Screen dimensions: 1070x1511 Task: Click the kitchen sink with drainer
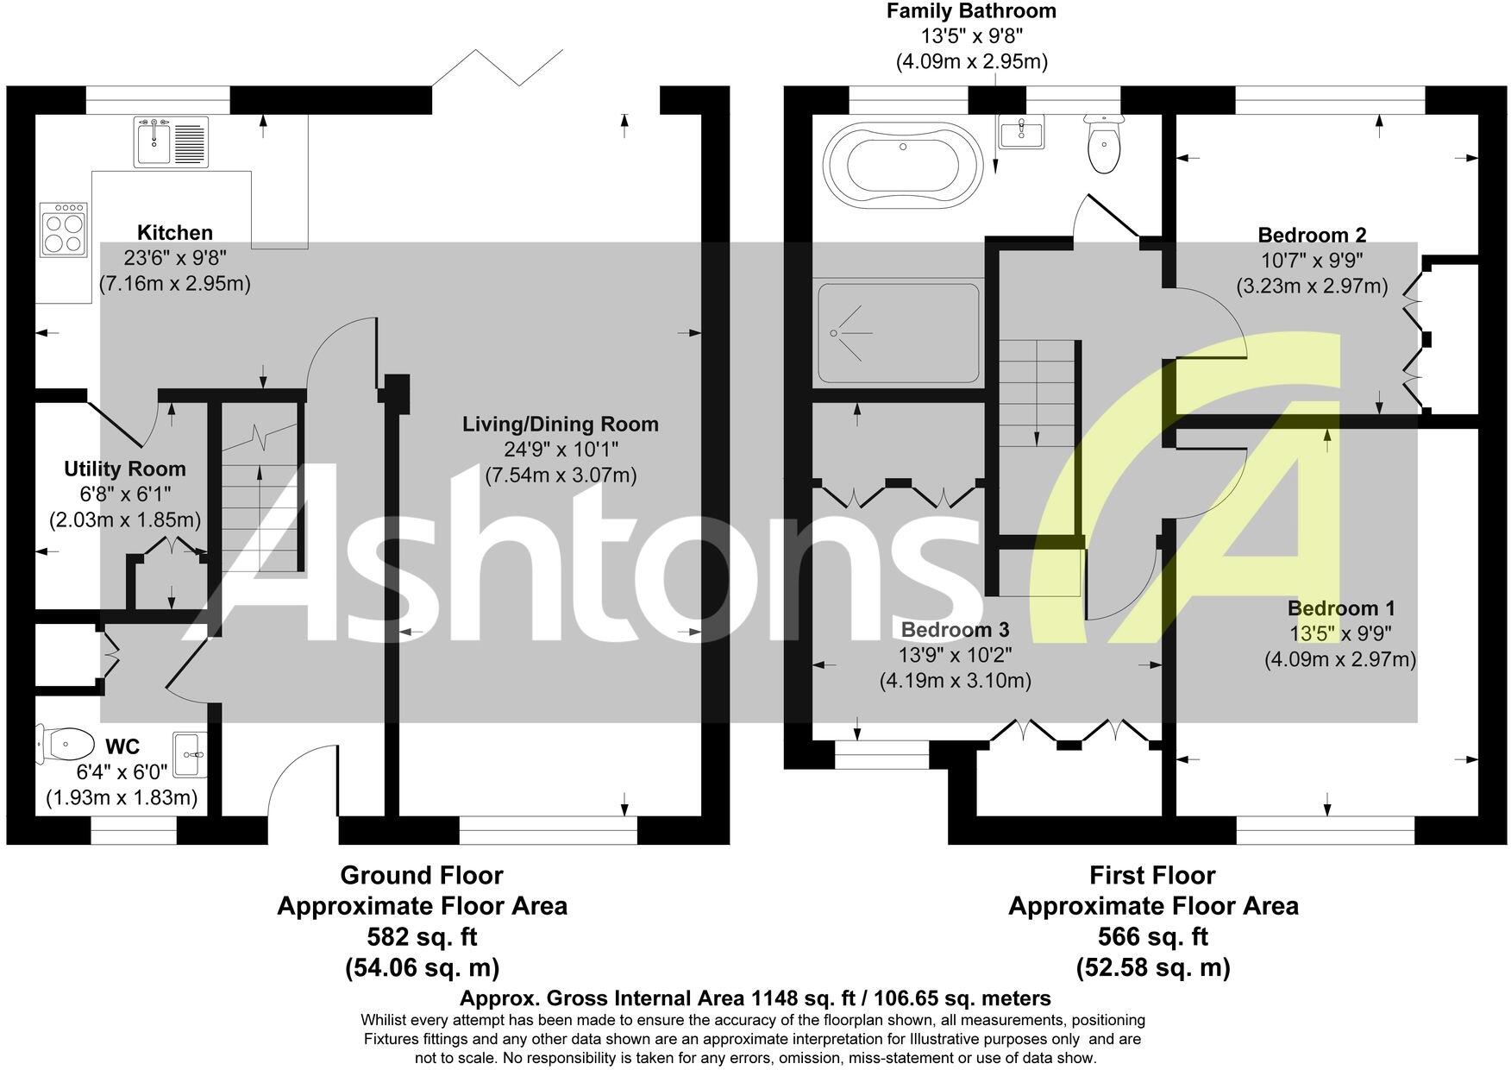pyautogui.click(x=172, y=142)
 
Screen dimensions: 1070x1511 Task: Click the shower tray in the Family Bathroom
pyautogui.click(x=898, y=332)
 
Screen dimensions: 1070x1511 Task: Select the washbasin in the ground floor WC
pyautogui.click(x=190, y=754)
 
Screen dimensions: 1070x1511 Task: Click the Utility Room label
pyautogui.click(x=125, y=469)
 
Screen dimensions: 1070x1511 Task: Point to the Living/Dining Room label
pyautogui.click(x=560, y=425)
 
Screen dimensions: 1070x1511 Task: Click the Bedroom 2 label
pyautogui.click(x=1311, y=235)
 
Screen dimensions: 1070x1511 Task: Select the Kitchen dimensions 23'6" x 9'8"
pyautogui.click(x=175, y=258)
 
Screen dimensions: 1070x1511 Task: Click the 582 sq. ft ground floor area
pyautogui.click(x=422, y=936)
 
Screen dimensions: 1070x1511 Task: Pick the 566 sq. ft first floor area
pyautogui.click(x=1152, y=936)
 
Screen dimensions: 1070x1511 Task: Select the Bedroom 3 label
pyautogui.click(x=955, y=630)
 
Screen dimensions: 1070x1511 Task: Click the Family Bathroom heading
pyautogui.click(x=971, y=11)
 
